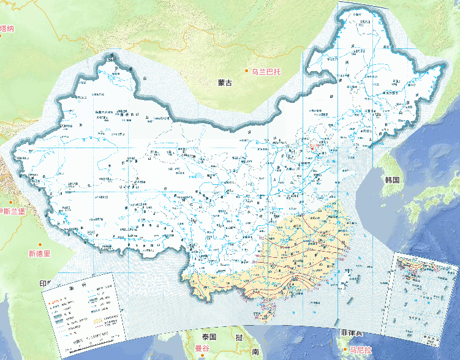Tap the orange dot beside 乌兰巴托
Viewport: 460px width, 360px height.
pos(247,72)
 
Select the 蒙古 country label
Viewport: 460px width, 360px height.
pos(225,83)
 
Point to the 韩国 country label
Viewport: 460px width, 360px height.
pos(392,180)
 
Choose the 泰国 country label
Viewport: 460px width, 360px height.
pos(209,337)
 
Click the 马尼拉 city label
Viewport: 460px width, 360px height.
pos(361,350)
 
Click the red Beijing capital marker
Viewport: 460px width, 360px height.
pos(311,147)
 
